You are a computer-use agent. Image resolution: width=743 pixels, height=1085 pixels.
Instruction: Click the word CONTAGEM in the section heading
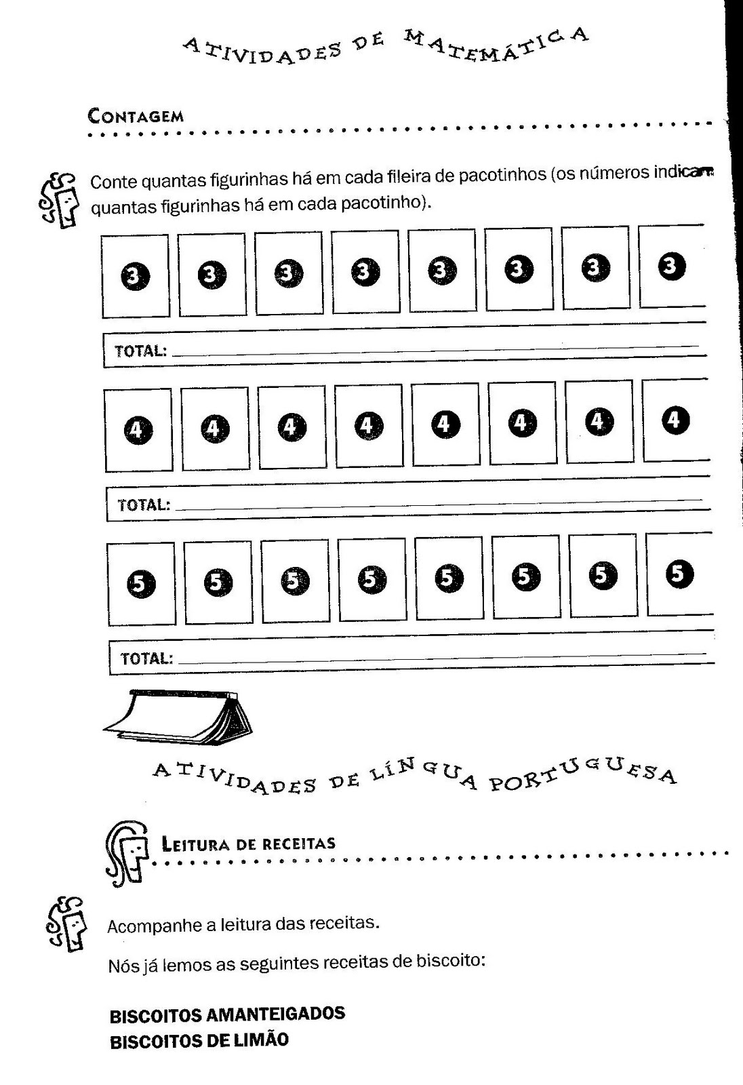pyautogui.click(x=136, y=116)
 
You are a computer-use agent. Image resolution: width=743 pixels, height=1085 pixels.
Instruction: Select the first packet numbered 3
pyautogui.click(x=136, y=276)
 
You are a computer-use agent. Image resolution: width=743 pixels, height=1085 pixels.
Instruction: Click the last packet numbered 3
pyautogui.click(x=672, y=266)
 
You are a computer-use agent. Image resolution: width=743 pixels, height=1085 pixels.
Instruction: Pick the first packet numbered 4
pyautogui.click(x=138, y=430)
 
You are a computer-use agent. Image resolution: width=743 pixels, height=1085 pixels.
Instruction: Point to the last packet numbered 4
pyautogui.click(x=676, y=420)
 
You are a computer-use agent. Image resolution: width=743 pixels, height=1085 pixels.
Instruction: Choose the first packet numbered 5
pyautogui.click(x=141, y=584)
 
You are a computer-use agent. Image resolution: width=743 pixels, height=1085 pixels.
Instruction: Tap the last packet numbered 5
pyautogui.click(x=679, y=574)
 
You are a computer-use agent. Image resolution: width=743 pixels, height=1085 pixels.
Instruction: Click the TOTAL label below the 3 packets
pyautogui.click(x=140, y=351)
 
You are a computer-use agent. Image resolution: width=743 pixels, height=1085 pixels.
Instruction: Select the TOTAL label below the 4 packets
pyautogui.click(x=144, y=505)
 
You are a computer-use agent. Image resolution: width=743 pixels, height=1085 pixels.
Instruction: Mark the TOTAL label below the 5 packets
pyautogui.click(x=146, y=658)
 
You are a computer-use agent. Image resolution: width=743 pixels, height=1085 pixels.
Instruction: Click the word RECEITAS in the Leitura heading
pyautogui.click(x=299, y=844)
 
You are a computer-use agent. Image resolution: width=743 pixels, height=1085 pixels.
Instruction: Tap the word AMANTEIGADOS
pyautogui.click(x=276, y=1014)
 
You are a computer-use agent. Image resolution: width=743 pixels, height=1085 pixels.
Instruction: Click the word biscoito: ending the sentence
pyautogui.click(x=450, y=960)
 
